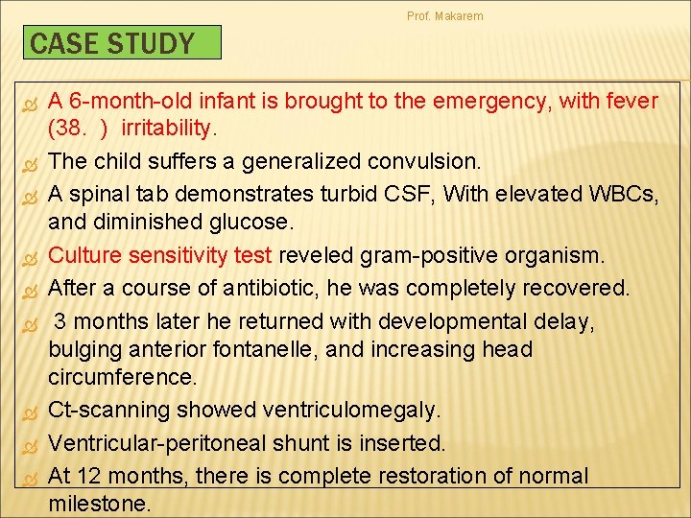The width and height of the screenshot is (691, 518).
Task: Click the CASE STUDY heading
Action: click(x=112, y=43)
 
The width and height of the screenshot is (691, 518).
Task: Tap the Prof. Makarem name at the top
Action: click(x=445, y=16)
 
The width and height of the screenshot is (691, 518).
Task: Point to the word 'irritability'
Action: click(x=170, y=129)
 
